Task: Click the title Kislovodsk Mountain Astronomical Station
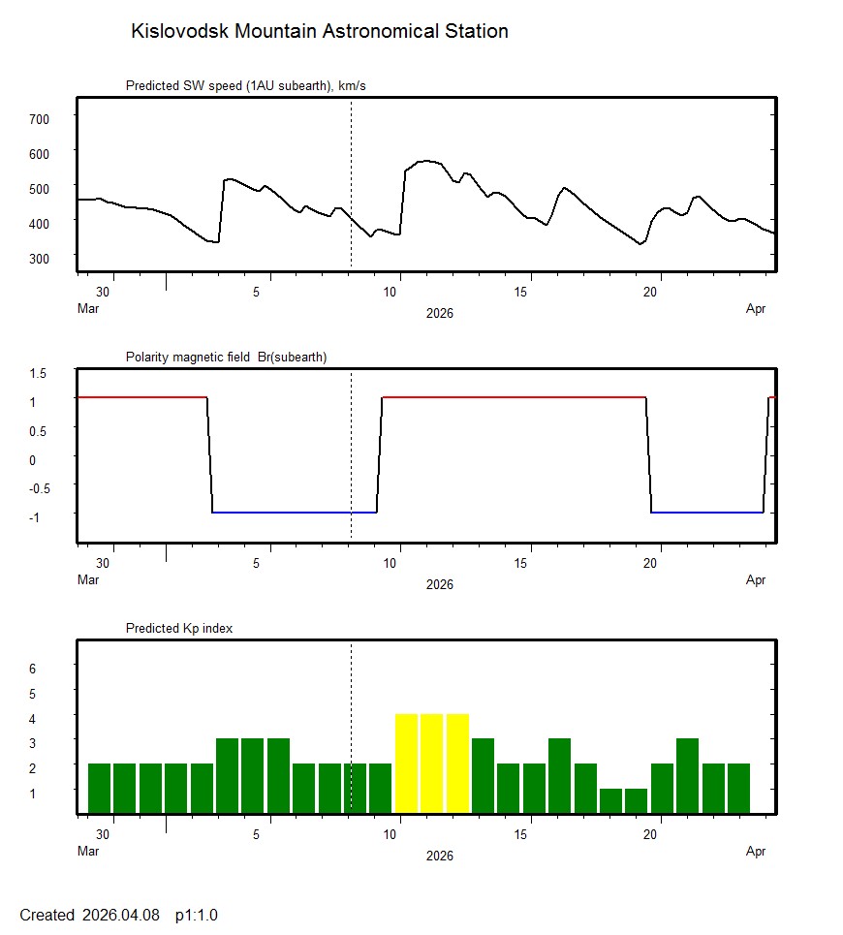point(319,31)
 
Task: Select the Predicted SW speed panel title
point(245,86)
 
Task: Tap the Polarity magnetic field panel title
point(226,357)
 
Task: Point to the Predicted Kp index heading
point(179,628)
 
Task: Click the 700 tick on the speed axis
point(39,118)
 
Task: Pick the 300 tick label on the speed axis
point(39,258)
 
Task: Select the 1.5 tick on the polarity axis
point(39,373)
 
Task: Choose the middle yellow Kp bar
point(432,763)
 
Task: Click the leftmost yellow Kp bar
point(406,763)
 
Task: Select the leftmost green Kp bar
point(99,788)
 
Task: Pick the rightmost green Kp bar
point(738,788)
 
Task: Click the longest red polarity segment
point(514,396)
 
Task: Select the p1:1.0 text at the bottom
point(197,915)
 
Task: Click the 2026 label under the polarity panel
point(439,584)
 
